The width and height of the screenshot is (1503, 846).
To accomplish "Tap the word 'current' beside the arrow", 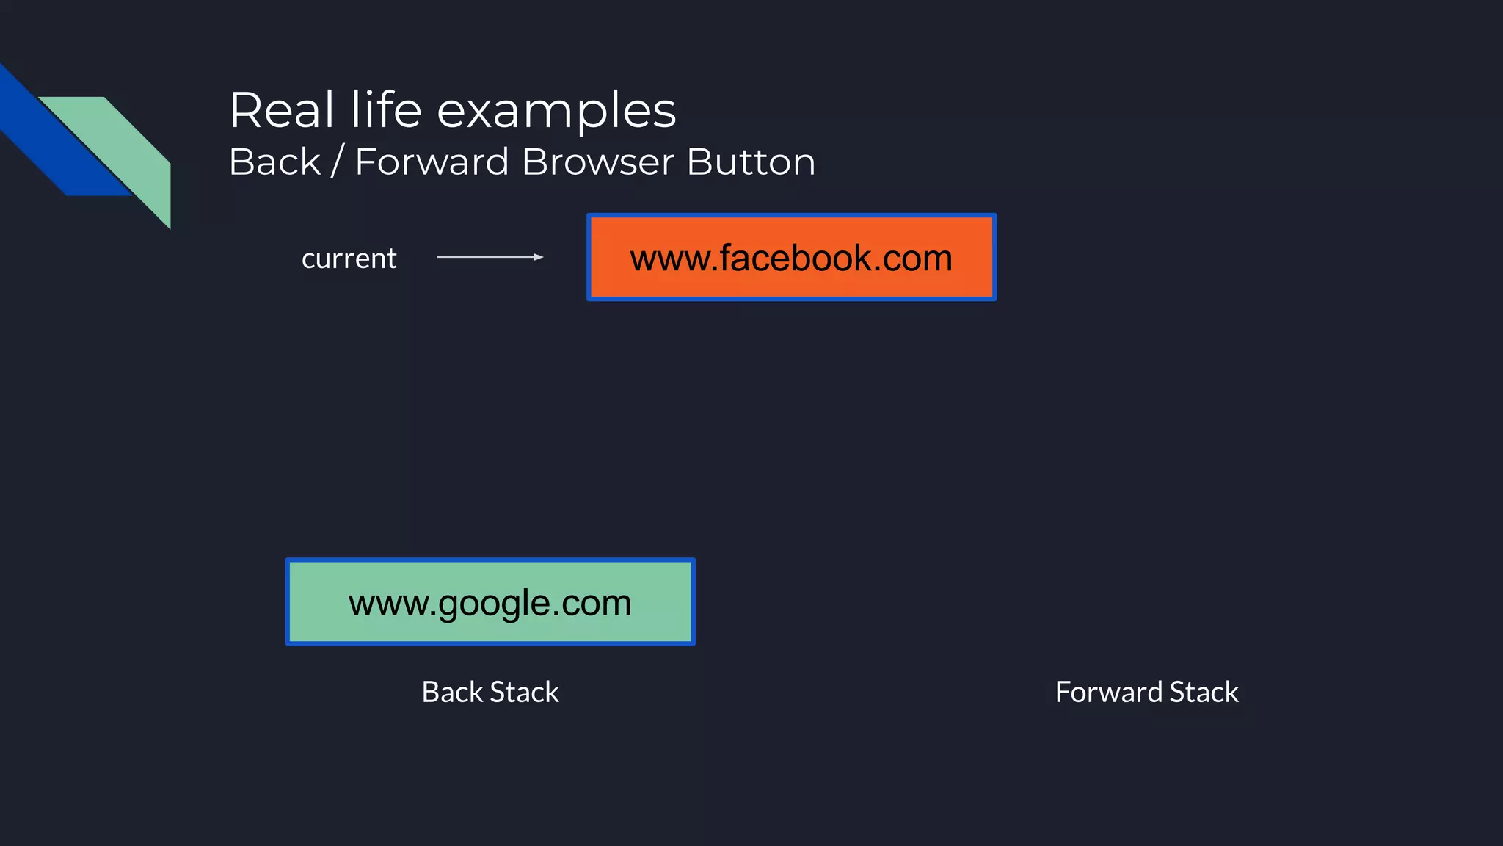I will pyautogui.click(x=349, y=258).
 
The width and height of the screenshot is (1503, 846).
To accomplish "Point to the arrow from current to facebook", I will pyautogui.click(x=490, y=257).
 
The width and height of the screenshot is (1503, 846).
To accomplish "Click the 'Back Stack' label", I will pyautogui.click(x=490, y=692).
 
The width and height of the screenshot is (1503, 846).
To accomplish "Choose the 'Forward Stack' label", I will pyautogui.click(x=1146, y=692).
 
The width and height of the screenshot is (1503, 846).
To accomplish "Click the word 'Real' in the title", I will pyautogui.click(x=282, y=110).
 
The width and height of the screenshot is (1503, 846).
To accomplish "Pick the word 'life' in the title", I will pyautogui.click(x=386, y=110).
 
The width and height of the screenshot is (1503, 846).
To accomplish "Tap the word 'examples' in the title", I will pyautogui.click(x=556, y=112).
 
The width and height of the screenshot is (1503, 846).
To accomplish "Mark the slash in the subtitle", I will pyautogui.click(x=337, y=162).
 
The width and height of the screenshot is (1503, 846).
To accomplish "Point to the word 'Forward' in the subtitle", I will pyautogui.click(x=432, y=162).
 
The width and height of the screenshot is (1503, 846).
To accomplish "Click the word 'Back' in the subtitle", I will pyautogui.click(x=275, y=162).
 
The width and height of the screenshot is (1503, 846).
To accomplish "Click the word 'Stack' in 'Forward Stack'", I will pyautogui.click(x=1204, y=692).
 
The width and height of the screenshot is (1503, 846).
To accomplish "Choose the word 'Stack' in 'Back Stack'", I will pyautogui.click(x=524, y=692).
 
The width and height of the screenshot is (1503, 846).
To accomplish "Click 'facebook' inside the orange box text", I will pyautogui.click(x=796, y=258).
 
